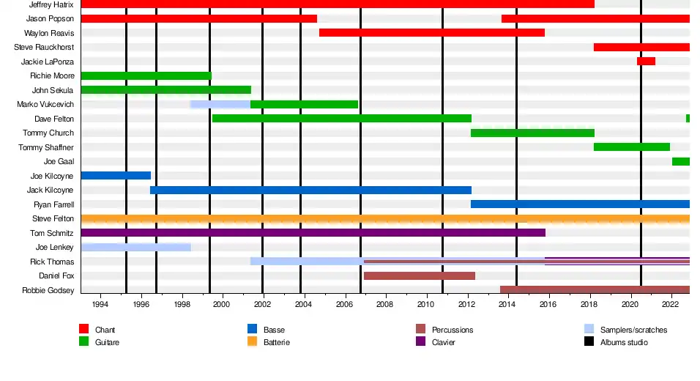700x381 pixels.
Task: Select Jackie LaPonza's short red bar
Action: (646, 62)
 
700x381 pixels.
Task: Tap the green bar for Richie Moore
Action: (146, 75)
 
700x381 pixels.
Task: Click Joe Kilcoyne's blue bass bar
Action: (116, 176)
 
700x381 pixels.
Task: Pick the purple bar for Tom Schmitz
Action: (313, 233)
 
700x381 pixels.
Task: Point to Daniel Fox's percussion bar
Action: (419, 276)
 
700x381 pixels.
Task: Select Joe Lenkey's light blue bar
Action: (135, 248)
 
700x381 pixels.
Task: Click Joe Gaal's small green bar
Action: (680, 161)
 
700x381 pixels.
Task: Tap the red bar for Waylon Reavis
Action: (431, 33)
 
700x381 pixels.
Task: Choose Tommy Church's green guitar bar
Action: (532, 133)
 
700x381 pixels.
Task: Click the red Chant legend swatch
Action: (83, 330)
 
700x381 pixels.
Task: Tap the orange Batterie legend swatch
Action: (253, 341)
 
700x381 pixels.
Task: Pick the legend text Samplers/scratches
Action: (633, 330)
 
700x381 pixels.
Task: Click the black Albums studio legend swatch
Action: (589, 341)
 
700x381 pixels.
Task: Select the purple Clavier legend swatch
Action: (420, 341)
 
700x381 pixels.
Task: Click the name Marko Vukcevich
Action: (45, 105)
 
